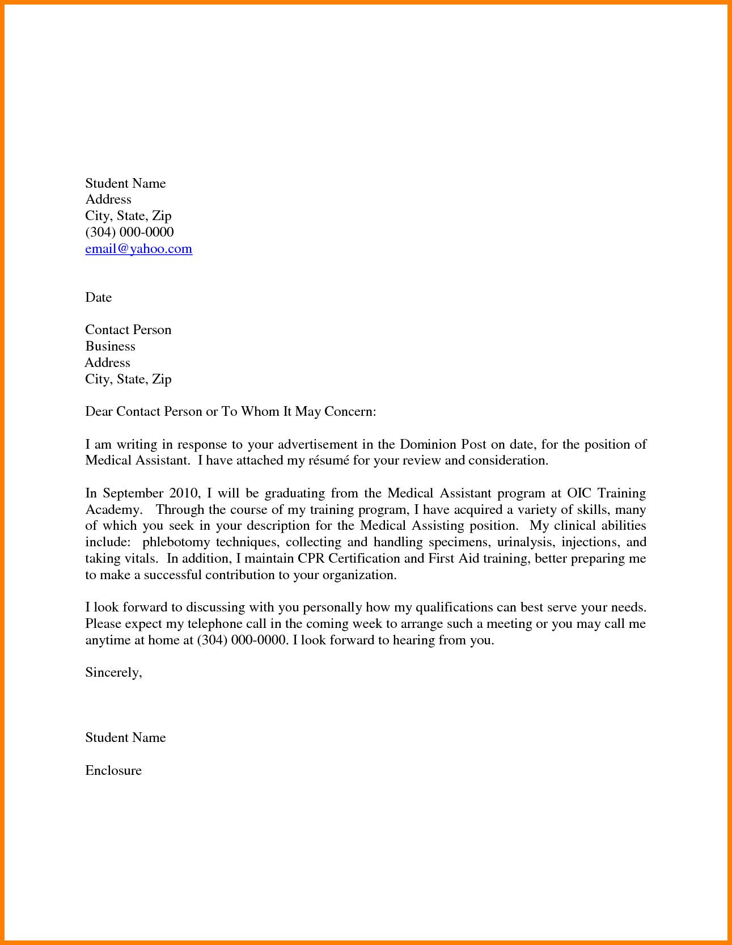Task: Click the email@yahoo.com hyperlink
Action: [x=138, y=249]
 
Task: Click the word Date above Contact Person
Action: [x=98, y=298]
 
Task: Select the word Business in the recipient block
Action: [x=110, y=347]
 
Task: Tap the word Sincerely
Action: [x=113, y=673]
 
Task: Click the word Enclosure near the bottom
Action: [x=113, y=770]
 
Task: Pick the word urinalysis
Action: [x=524, y=542]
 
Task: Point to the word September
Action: [x=133, y=493]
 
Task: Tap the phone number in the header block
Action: [x=129, y=233]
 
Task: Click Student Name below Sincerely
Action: [x=125, y=738]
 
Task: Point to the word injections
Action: [x=589, y=542]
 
